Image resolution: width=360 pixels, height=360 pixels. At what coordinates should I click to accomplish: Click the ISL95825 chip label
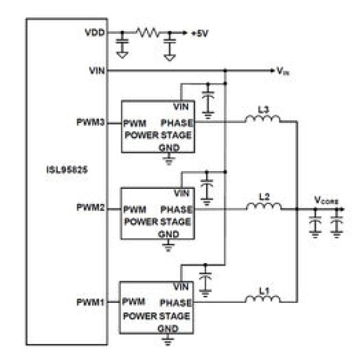67,170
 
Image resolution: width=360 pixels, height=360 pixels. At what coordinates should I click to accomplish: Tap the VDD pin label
95,32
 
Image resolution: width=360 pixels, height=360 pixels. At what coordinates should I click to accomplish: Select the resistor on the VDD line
148,32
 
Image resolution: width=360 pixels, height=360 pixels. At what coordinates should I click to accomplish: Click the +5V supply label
200,34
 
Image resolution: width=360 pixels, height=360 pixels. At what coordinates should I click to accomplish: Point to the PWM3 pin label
91,122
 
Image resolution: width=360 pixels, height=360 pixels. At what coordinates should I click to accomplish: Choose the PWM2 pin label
91,207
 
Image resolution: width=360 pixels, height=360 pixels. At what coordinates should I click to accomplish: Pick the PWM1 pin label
91,302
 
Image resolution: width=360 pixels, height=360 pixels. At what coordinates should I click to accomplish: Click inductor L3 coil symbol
262,119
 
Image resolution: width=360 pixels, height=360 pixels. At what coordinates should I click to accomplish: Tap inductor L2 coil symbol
264,206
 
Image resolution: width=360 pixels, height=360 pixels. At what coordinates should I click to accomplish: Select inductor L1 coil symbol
262,299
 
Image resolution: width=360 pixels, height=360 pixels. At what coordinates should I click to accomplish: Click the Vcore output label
326,200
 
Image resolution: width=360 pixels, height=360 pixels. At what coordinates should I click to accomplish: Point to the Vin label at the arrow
283,71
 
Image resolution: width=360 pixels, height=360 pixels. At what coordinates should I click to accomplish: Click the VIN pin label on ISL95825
97,70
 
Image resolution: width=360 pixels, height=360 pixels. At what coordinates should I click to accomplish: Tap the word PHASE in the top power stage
176,123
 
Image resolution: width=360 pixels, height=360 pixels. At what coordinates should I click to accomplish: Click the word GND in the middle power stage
169,235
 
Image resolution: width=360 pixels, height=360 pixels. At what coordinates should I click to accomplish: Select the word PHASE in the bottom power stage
176,303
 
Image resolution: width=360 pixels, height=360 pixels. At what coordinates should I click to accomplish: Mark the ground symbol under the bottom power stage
168,339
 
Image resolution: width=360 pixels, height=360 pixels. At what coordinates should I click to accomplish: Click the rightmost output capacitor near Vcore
337,223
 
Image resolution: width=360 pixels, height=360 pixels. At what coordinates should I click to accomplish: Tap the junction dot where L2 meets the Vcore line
297,209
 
